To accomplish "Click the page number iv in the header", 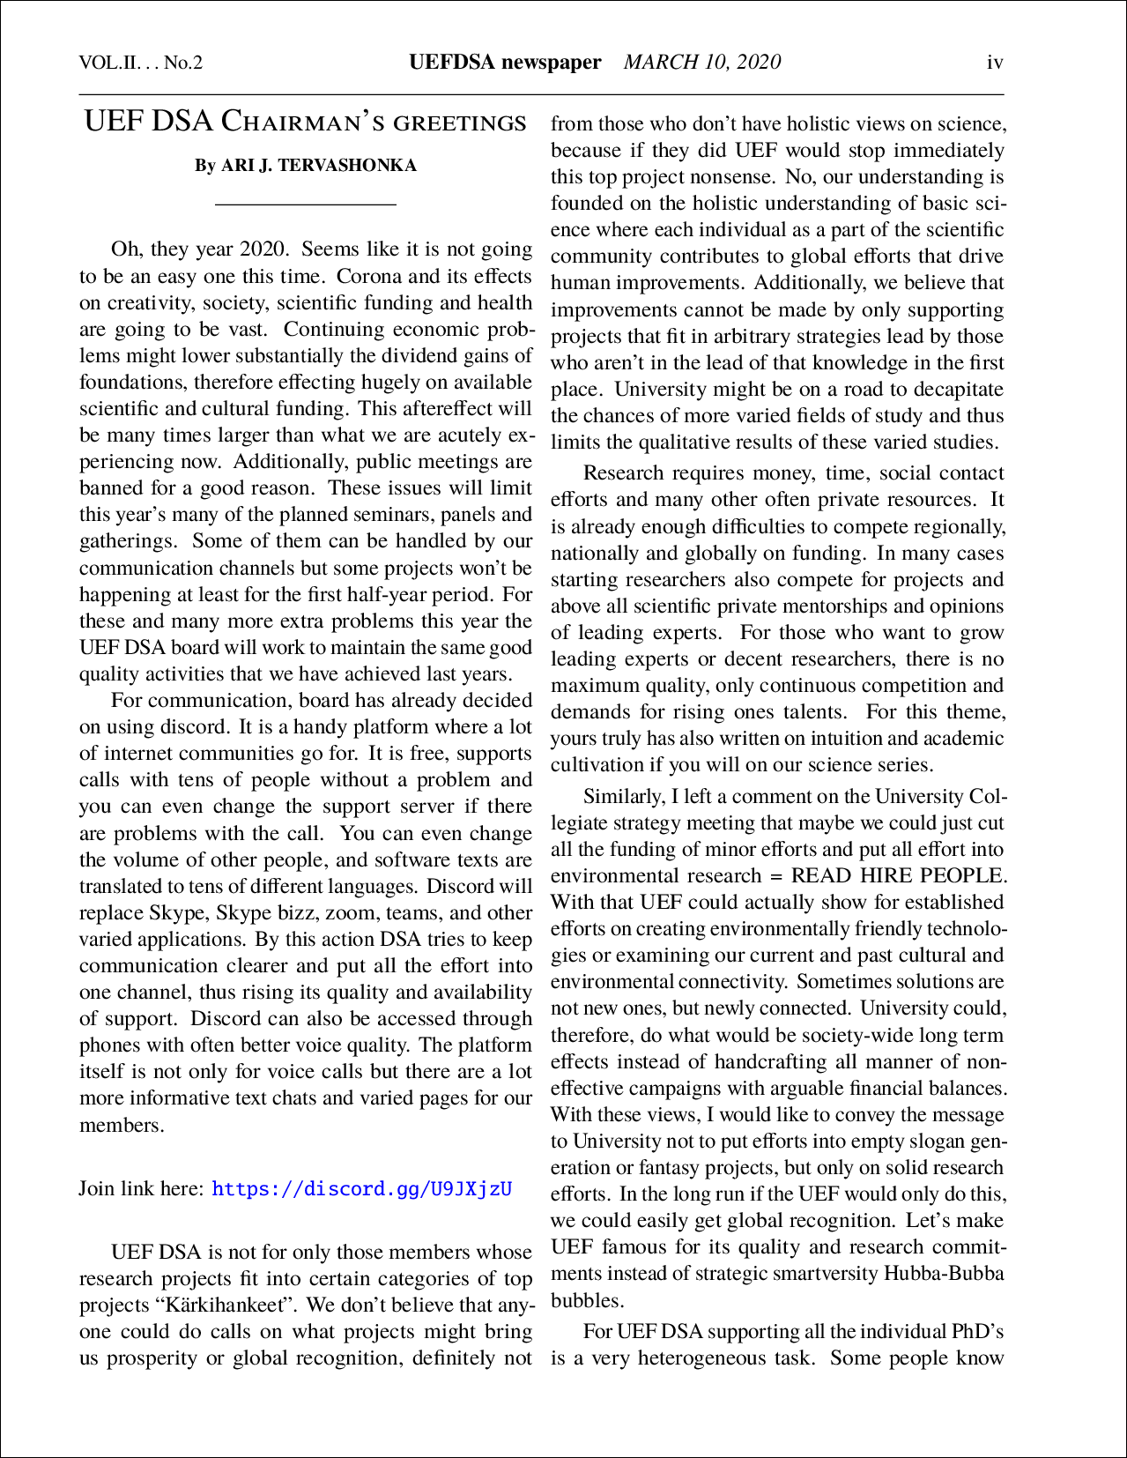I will [x=995, y=63].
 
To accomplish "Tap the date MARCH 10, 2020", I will [x=701, y=62].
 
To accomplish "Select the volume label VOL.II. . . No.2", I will [x=141, y=63].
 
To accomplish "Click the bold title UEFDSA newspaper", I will [x=505, y=62].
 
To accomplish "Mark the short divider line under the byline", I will [x=306, y=205].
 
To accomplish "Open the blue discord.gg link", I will [x=362, y=1188].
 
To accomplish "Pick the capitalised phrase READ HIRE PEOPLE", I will [x=897, y=875].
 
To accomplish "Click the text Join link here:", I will [x=141, y=1188].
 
